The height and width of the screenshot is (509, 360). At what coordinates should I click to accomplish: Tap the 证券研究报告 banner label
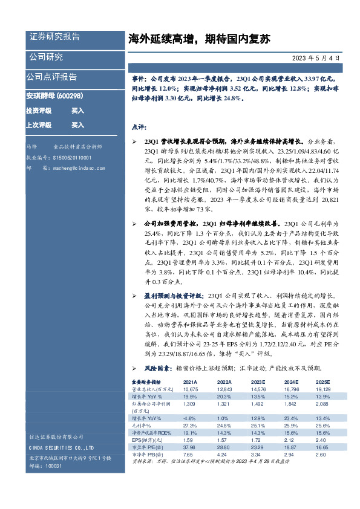[x=54, y=37]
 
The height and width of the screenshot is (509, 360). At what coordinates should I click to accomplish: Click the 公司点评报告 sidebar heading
[x=51, y=77]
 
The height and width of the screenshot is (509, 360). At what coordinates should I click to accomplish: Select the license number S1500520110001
[x=75, y=157]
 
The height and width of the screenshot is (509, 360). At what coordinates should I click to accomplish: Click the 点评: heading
[x=139, y=128]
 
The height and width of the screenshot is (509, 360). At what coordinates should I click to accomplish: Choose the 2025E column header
[x=322, y=382]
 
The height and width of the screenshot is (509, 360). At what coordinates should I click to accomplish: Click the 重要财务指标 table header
[x=146, y=382]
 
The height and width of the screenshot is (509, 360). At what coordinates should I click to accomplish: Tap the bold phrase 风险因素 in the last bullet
[x=156, y=368]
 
